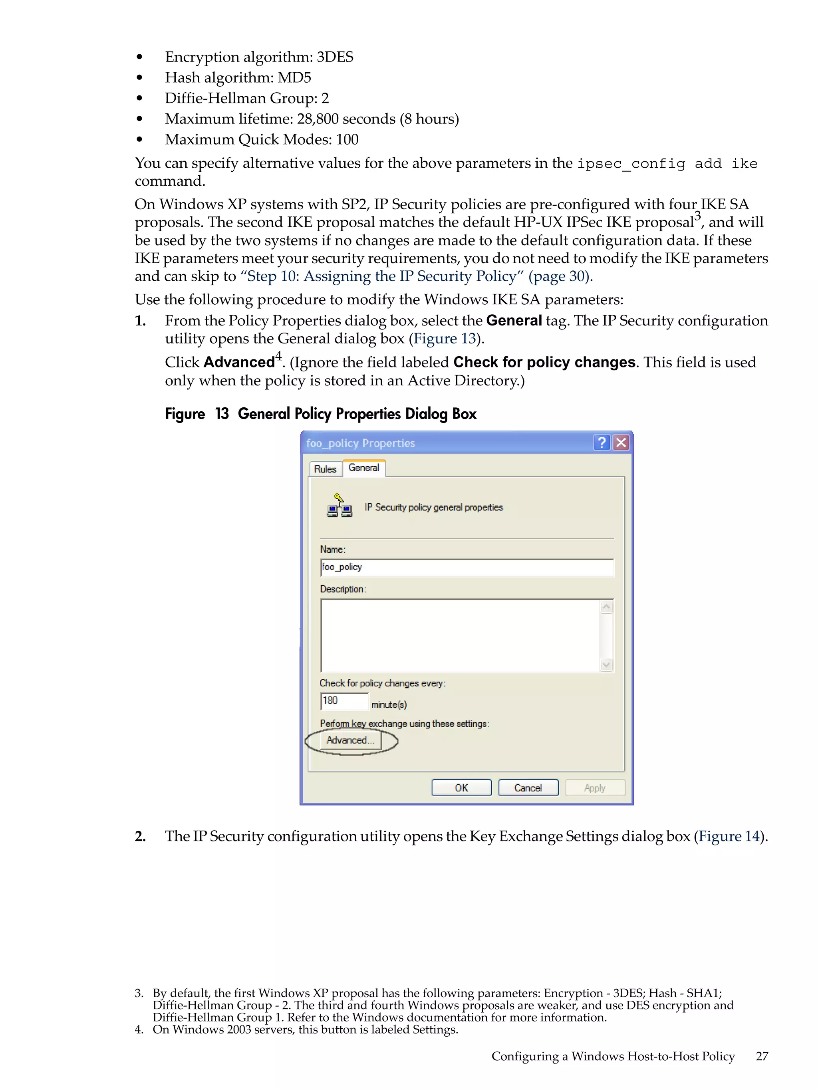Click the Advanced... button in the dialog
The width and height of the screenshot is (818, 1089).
(x=350, y=740)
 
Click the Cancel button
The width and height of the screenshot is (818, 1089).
(x=528, y=788)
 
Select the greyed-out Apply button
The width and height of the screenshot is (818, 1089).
(x=594, y=788)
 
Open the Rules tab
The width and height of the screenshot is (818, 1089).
(x=325, y=469)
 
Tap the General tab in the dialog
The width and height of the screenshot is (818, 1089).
(x=364, y=468)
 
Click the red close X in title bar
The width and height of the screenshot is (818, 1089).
(x=621, y=442)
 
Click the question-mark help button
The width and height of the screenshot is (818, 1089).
(x=602, y=442)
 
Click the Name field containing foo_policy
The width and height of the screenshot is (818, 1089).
(x=467, y=567)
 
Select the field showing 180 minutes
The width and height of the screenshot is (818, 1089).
(x=344, y=700)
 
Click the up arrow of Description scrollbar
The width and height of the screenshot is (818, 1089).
(x=606, y=607)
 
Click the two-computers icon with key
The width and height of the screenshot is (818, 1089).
(x=340, y=506)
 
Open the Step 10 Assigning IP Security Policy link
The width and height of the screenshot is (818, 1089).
(x=416, y=276)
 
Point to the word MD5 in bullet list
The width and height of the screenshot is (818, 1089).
(x=294, y=78)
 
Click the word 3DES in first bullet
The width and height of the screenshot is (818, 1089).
(x=334, y=57)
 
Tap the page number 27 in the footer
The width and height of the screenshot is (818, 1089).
(x=762, y=1056)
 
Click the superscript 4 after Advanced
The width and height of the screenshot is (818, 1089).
(x=278, y=356)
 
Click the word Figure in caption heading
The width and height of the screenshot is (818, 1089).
(x=185, y=414)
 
